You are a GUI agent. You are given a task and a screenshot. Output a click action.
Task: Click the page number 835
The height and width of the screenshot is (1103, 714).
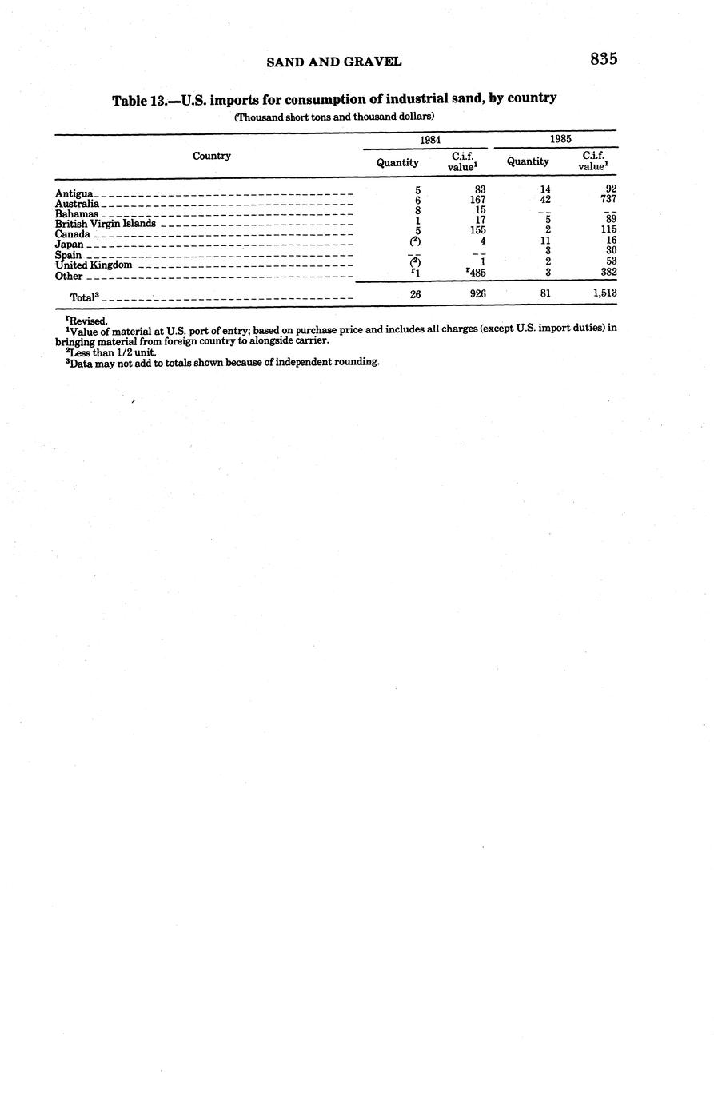[x=604, y=58]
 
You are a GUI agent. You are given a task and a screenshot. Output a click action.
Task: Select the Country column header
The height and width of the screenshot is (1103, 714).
[x=212, y=156]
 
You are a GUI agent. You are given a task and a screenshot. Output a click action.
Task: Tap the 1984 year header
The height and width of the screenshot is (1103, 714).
[x=430, y=139]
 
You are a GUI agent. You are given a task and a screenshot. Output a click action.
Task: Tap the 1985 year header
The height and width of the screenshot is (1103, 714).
[x=560, y=139]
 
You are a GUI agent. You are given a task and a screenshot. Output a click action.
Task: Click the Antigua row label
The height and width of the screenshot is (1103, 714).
[x=74, y=193]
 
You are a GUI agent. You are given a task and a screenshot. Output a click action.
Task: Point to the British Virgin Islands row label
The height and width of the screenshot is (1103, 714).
[x=105, y=224]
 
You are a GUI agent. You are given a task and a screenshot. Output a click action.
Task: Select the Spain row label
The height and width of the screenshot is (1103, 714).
[x=68, y=255]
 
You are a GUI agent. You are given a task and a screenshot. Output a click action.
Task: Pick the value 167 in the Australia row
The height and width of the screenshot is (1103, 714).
[x=478, y=200]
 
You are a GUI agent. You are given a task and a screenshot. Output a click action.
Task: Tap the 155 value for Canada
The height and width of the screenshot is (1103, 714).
[x=478, y=229]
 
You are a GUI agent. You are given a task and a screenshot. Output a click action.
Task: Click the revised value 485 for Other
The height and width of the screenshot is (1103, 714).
[x=478, y=273]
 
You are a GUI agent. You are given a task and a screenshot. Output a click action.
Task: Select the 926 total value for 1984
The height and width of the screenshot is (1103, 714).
[x=478, y=294]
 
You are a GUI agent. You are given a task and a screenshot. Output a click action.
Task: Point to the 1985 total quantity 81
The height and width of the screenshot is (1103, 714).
[x=545, y=293]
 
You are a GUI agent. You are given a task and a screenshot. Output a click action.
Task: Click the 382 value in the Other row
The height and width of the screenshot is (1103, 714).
[x=607, y=272]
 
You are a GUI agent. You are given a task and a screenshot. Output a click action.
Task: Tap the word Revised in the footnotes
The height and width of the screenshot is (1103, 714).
[x=88, y=321]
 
